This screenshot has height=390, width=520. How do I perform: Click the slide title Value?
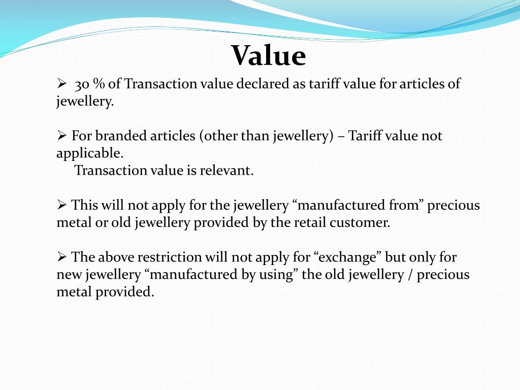(269, 56)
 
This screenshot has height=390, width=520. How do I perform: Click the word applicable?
(89, 153)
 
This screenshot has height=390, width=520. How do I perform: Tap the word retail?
(313, 222)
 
